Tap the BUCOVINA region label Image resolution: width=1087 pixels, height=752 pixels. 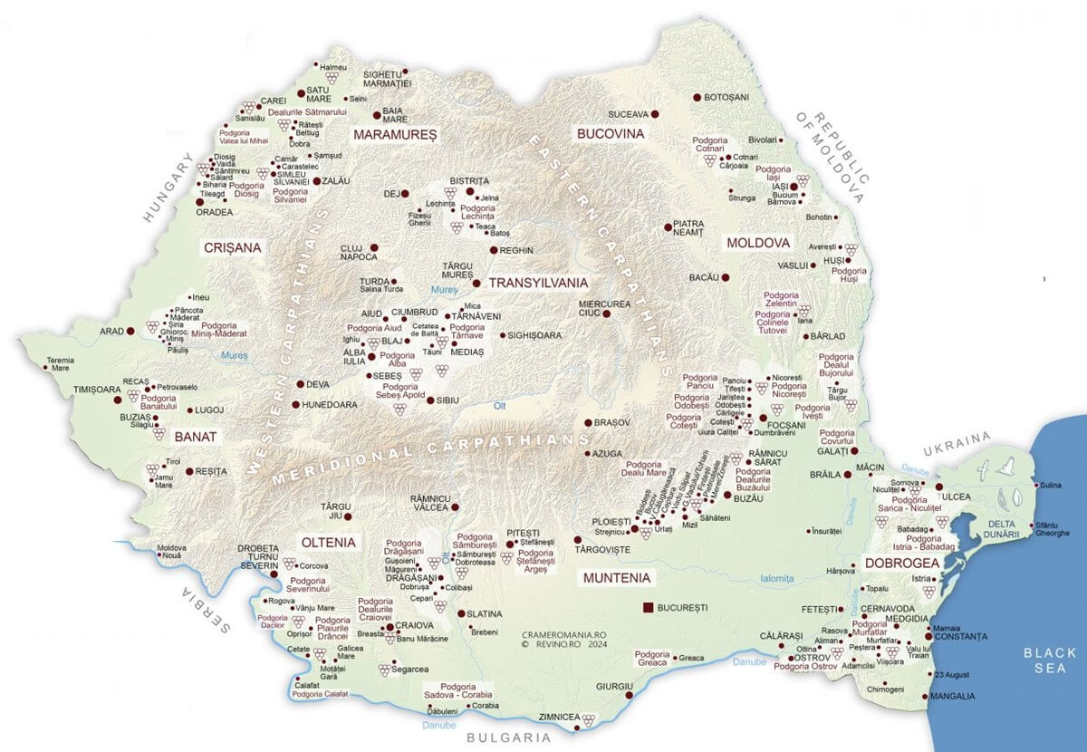[610, 133]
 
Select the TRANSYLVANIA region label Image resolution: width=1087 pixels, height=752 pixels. [538, 283]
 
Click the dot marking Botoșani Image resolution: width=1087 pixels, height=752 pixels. [697, 97]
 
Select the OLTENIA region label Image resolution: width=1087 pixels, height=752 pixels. [328, 542]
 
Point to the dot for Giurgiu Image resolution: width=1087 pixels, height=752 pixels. [629, 696]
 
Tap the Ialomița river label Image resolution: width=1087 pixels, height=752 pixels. [777, 578]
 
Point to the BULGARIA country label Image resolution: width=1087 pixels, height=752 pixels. [508, 738]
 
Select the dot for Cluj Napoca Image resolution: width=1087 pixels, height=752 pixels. [373, 247]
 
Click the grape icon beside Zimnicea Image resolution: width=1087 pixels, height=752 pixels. [590, 720]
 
